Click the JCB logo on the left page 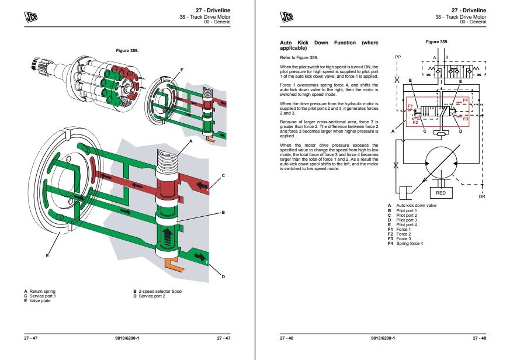click(x=30, y=16)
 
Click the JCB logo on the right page click(x=287, y=16)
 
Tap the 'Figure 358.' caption click(x=127, y=50)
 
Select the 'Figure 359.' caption click(x=437, y=41)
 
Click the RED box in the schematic click(x=440, y=193)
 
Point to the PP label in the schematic click(x=398, y=57)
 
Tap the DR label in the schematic click(x=482, y=196)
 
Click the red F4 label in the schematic click(x=465, y=101)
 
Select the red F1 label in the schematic click(x=410, y=106)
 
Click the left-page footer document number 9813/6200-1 click(x=127, y=338)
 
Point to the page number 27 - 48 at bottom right click(x=480, y=338)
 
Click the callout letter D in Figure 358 click(x=223, y=276)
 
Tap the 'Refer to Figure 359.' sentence click(x=299, y=58)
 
